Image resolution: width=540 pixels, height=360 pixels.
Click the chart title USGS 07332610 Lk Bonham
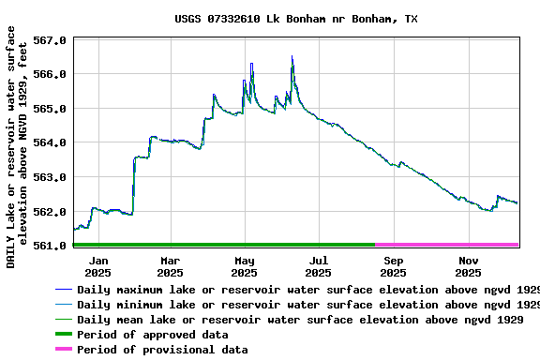[x=296, y=19]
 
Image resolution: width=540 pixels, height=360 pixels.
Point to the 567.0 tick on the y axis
[x=50, y=41]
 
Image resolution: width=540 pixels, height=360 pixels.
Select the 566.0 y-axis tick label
[x=50, y=74]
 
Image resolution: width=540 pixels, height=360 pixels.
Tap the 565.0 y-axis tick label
[x=50, y=109]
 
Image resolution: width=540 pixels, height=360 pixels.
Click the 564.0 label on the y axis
[x=50, y=142]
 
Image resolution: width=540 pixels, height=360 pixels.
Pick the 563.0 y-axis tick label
[x=50, y=177]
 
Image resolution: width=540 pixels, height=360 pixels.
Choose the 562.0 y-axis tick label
[x=50, y=212]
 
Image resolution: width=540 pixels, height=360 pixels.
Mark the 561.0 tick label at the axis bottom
[x=50, y=246]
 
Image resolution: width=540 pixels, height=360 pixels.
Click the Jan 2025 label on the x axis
[x=97, y=266]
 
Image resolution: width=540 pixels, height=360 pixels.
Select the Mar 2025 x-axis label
[x=171, y=266]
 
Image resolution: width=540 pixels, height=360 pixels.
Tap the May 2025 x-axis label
[x=245, y=266]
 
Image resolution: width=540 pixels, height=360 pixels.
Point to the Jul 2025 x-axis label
[x=319, y=266]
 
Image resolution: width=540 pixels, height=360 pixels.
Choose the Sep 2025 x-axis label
[x=394, y=266]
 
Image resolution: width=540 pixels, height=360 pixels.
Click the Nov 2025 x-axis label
[x=468, y=266]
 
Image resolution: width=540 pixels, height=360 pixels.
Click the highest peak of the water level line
[x=292, y=57]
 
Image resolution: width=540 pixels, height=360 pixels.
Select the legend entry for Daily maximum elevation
[x=300, y=291]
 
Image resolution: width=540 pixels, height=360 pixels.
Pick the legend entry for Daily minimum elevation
[x=300, y=305]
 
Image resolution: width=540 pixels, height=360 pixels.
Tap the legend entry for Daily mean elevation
[x=300, y=320]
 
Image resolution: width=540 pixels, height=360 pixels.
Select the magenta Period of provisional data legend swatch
[x=64, y=350]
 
